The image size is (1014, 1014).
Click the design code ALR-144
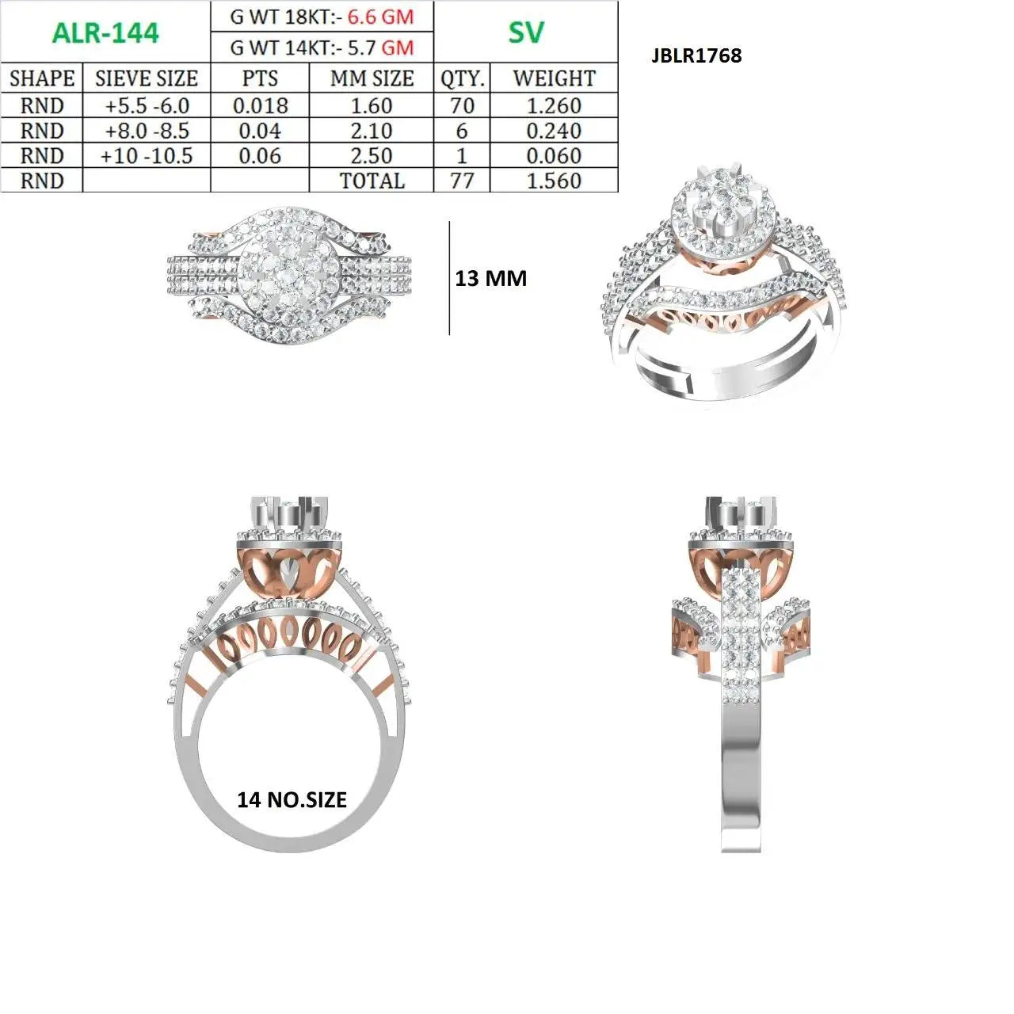tap(105, 33)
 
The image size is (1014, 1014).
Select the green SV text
tap(526, 32)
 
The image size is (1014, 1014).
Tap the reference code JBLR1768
tap(696, 55)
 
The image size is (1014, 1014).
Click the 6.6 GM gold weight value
tap(380, 17)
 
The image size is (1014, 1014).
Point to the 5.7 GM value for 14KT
tap(380, 48)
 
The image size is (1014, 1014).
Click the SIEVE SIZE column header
tap(147, 78)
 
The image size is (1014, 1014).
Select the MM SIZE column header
tap(372, 78)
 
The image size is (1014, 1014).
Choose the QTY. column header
tap(462, 79)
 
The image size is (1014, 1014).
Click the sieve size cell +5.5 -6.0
tap(147, 106)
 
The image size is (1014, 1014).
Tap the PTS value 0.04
tap(260, 131)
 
